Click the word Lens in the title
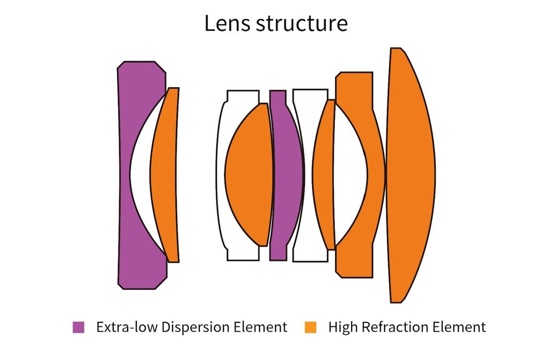tap(227, 24)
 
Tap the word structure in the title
tap(302, 24)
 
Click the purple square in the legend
tap(79, 327)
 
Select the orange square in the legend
tap(310, 327)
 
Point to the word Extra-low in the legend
tap(127, 327)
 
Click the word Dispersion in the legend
tap(196, 327)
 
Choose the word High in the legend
tap(343, 327)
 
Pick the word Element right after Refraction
tap(459, 327)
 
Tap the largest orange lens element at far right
tap(410, 175)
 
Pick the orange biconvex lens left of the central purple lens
tap(248, 175)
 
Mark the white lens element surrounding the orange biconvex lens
tap(221, 175)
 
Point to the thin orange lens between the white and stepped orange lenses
tap(323, 175)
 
